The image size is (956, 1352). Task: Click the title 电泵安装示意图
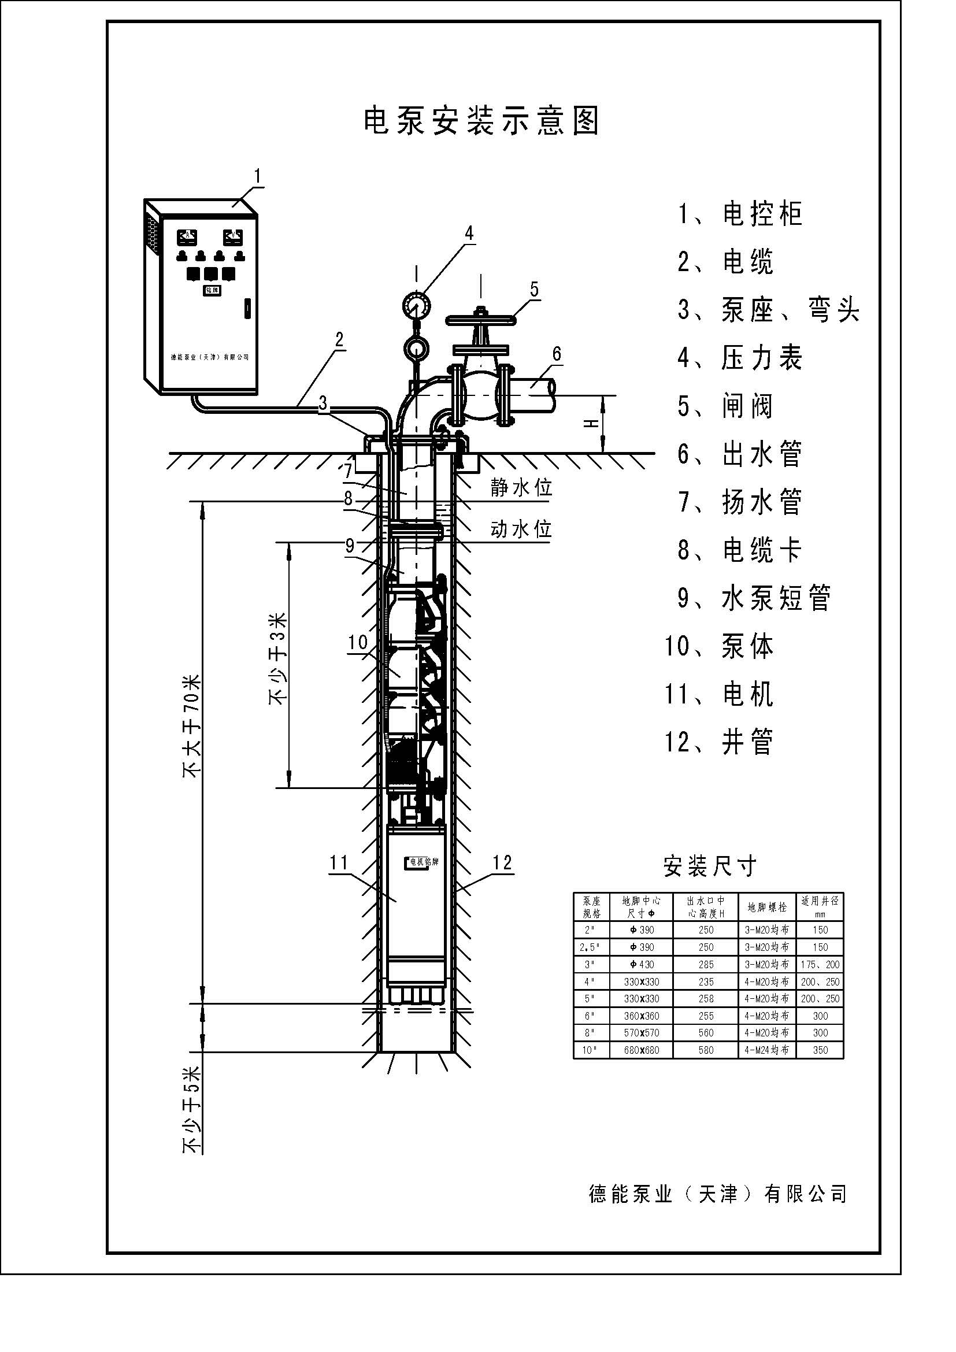481,121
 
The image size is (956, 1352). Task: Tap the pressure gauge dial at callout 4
417,305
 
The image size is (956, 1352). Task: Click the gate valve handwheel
481,321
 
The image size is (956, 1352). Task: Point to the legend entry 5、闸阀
725,406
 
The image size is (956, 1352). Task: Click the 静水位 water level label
521,488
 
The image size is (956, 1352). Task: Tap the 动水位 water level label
521,529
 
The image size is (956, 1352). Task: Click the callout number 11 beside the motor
339,863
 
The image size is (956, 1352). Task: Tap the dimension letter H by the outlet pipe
592,424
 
